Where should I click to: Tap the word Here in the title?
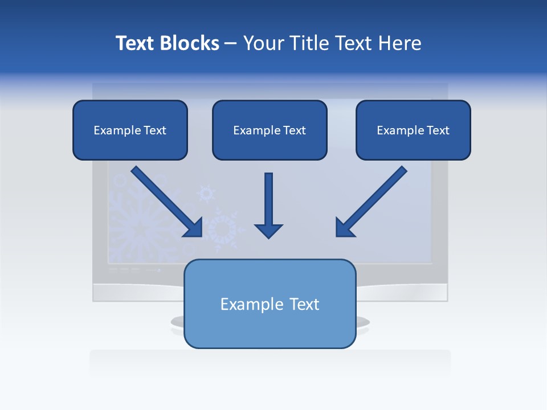tap(399, 43)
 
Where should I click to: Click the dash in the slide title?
tap(231, 43)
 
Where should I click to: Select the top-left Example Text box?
tap(130, 130)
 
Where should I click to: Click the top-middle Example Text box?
tap(270, 130)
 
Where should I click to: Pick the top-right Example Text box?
tap(413, 130)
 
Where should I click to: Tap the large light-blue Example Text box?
tap(270, 304)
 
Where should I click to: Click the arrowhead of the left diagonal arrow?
tap(194, 228)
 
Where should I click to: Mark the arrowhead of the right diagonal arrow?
tap(344, 228)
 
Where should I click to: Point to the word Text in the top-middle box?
tap(294, 130)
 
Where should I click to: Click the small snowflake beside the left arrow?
tap(206, 194)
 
